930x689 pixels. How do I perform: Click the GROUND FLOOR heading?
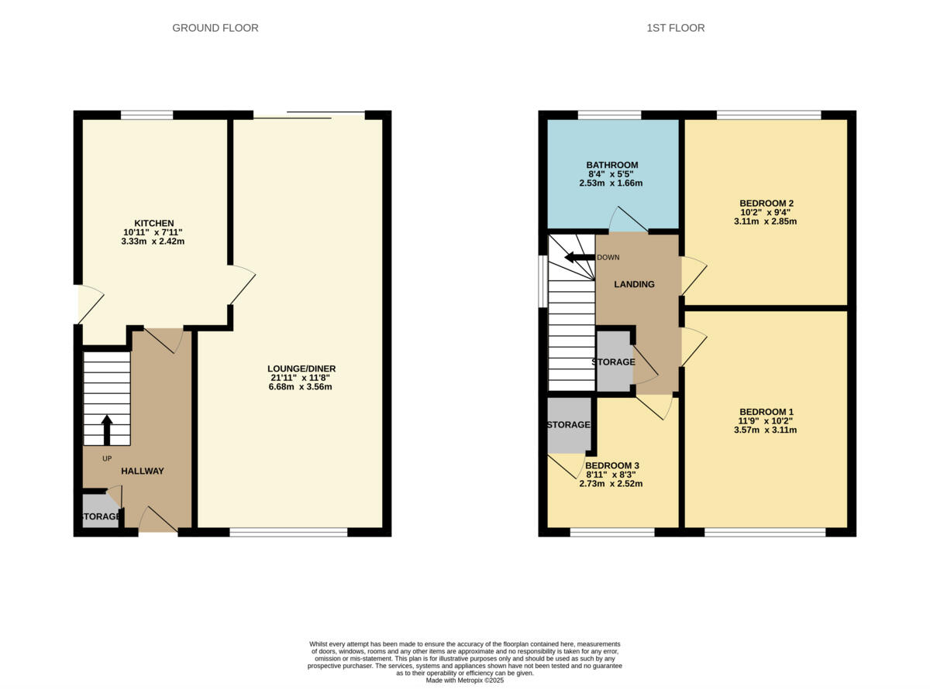point(215,28)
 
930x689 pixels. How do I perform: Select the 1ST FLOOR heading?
point(675,28)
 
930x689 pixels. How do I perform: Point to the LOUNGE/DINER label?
point(301,368)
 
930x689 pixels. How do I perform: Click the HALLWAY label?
point(142,471)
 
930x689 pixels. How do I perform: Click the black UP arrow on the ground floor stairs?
point(107,430)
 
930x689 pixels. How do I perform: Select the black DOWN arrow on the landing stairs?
point(577,258)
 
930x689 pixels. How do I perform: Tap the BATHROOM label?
point(611,165)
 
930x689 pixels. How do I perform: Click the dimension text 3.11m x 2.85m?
point(766,221)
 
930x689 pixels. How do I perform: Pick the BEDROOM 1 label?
point(766,412)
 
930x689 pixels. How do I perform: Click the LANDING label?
point(634,284)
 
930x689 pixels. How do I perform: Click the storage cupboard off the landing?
point(614,362)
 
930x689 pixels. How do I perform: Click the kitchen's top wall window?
point(146,115)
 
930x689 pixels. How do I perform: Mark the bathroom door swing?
point(626,221)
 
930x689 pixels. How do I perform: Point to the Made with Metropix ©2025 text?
point(464,680)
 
